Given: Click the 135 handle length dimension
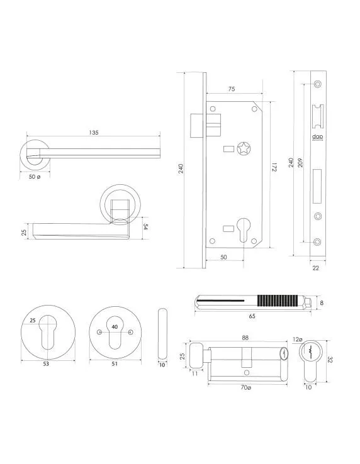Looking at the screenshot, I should pyautogui.click(x=93, y=133).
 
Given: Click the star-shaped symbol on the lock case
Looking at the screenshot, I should pyautogui.click(x=243, y=149).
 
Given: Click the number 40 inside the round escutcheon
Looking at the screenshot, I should pyautogui.click(x=114, y=327).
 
